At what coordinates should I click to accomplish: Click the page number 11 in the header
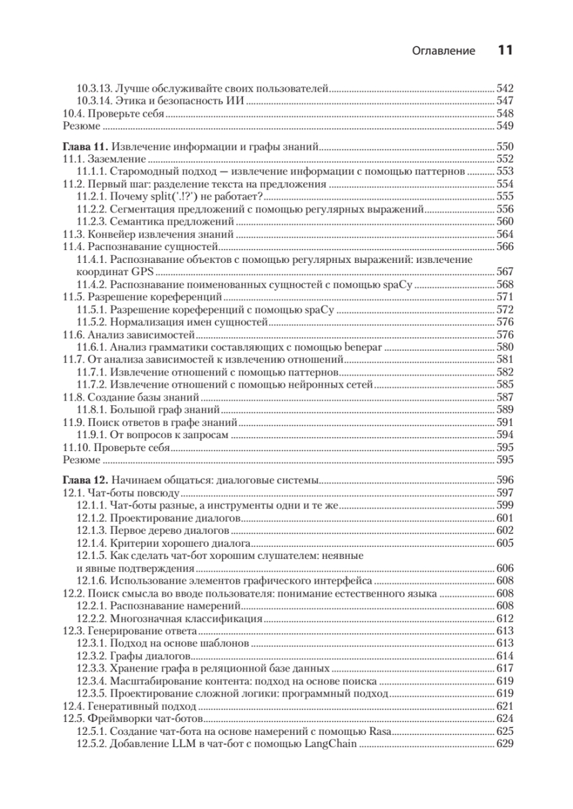coord(506,51)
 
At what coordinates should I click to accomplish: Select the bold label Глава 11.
coord(85,147)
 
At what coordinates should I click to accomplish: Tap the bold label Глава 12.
coord(85,481)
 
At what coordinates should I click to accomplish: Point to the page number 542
coord(505,88)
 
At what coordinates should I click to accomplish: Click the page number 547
coord(505,101)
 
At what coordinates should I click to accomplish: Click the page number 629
coord(505,744)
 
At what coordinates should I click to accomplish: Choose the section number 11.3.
coord(72,235)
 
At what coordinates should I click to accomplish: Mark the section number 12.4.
coord(72,707)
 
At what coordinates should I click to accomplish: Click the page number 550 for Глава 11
coord(505,147)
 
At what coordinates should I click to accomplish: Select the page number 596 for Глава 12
coord(505,481)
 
